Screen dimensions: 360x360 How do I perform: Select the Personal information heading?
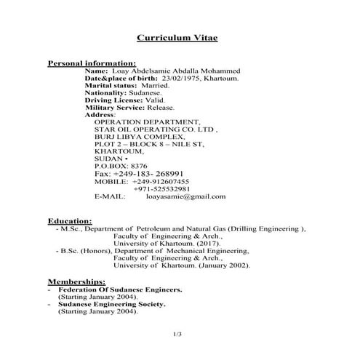tap(92, 63)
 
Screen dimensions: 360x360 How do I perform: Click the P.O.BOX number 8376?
tap(143, 167)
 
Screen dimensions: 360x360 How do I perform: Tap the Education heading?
tap(70, 220)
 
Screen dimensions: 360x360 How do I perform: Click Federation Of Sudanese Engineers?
tap(120, 289)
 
